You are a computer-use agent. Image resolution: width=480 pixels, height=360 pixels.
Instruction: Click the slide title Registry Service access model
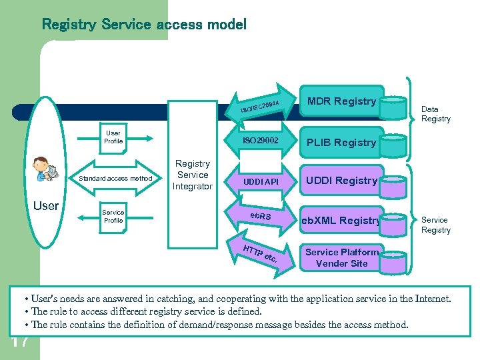click(x=144, y=25)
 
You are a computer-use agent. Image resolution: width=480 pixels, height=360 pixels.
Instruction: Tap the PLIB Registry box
click(x=341, y=142)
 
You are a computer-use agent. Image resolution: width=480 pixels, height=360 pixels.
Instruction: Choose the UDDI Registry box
click(x=341, y=180)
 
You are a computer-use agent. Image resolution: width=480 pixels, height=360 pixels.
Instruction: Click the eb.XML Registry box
click(x=341, y=220)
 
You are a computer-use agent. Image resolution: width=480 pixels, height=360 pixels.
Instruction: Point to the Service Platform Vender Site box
click(x=341, y=257)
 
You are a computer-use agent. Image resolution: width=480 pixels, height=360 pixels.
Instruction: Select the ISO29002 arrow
click(x=261, y=141)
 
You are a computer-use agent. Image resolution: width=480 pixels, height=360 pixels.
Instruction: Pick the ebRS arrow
click(x=261, y=217)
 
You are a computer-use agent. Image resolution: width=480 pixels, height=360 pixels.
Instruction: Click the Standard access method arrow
click(x=115, y=178)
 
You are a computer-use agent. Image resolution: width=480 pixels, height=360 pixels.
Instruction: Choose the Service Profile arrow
click(x=113, y=216)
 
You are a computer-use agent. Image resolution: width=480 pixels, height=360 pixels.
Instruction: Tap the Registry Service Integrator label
click(x=192, y=175)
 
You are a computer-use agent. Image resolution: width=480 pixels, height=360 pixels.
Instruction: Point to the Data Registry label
click(x=435, y=114)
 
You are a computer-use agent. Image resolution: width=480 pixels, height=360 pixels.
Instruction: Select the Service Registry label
click(x=435, y=225)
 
